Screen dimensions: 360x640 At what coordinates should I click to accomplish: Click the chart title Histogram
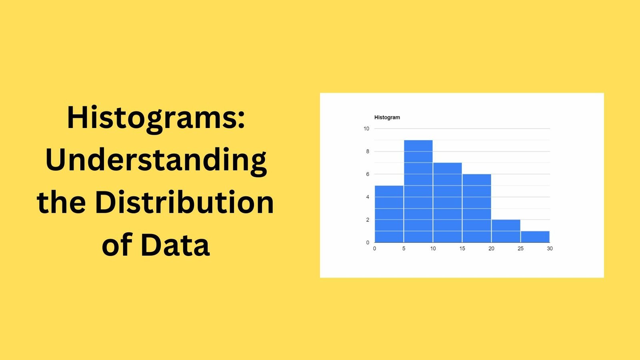(387, 117)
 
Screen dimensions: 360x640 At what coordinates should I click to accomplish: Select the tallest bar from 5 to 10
(418, 191)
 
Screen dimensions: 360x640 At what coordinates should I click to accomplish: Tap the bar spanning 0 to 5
(389, 214)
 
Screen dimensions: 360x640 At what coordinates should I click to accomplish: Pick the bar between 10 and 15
(447, 202)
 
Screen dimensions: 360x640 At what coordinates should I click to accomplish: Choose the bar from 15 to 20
(476, 208)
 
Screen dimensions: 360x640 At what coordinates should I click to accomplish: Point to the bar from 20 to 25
(506, 231)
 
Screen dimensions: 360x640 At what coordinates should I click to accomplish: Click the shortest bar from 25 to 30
(535, 237)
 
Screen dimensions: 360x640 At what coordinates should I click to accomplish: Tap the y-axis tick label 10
(366, 128)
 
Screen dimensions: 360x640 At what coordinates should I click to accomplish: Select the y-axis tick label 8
(368, 151)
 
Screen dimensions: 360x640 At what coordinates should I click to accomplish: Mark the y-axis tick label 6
(368, 174)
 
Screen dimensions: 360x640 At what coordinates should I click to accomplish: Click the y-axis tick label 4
(368, 197)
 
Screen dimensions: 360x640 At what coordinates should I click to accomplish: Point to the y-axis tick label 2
(368, 220)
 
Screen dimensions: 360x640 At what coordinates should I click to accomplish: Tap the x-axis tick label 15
(462, 248)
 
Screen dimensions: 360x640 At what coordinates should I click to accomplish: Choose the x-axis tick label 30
(550, 248)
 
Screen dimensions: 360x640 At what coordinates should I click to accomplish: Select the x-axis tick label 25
(520, 248)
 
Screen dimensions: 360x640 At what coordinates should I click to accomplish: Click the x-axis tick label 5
(404, 248)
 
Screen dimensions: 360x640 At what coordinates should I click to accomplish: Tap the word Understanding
(156, 160)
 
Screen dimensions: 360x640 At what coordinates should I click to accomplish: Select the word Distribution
(184, 202)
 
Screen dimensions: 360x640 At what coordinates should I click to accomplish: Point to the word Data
(175, 245)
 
